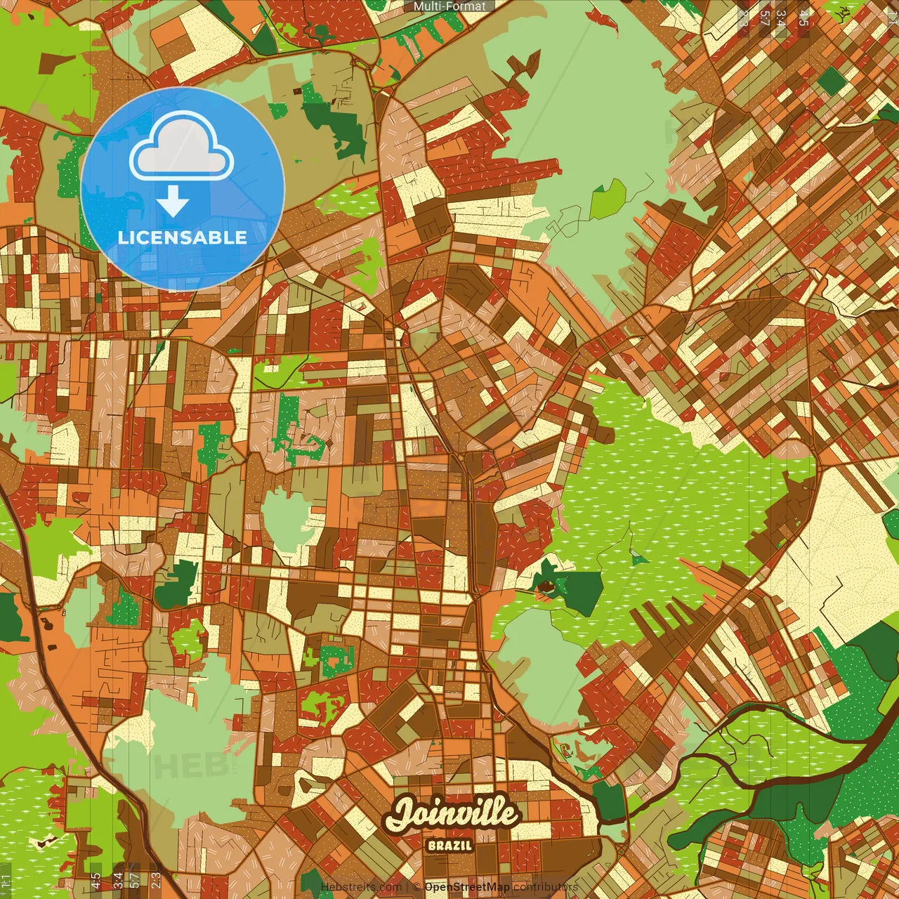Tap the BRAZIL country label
449,845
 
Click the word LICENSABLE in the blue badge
183,237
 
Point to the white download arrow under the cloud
173,201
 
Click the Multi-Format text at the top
449,6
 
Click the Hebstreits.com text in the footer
361,887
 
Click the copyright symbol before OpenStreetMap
416,887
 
